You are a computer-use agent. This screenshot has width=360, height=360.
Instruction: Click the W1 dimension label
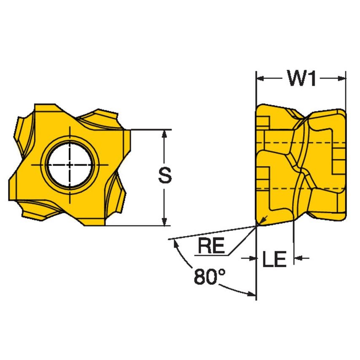point(301,78)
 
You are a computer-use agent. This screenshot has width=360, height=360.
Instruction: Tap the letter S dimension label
point(165,176)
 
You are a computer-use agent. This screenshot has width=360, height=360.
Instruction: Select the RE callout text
point(211,246)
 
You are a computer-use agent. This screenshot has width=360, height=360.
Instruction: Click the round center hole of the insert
point(70,164)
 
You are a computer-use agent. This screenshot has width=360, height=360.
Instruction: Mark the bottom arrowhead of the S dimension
point(165,221)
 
